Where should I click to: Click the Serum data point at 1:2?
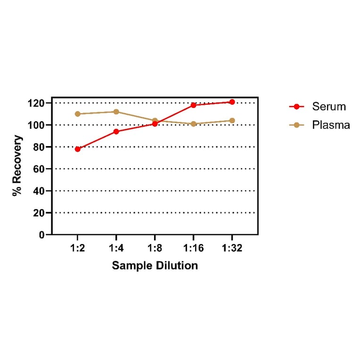coord(78,149)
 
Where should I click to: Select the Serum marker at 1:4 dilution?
coord(116,131)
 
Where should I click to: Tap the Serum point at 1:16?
coord(193,105)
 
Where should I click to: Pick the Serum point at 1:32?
coord(232,102)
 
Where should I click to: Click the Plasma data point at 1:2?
coord(78,114)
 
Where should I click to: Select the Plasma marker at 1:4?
coord(116,112)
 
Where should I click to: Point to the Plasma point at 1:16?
coord(193,124)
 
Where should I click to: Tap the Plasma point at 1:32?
coord(232,121)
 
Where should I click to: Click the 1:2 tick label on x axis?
coord(78,248)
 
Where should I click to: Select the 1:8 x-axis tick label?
coord(155,248)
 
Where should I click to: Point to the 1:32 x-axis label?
coord(232,248)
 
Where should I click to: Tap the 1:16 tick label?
coord(193,248)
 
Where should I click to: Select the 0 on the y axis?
coord(42,235)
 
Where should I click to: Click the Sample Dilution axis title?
coord(155,266)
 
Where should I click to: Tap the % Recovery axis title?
coord(17,166)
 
